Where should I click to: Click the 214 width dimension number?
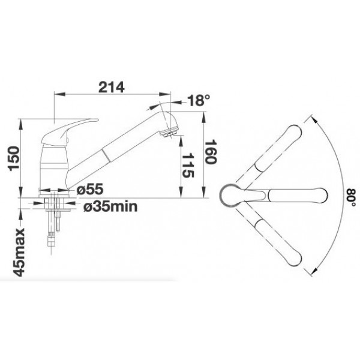(112, 87)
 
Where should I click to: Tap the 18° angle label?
(199, 100)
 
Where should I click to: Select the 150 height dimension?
(14, 158)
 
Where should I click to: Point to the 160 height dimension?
(211, 152)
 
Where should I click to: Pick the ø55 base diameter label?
(90, 190)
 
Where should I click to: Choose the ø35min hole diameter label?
(110, 206)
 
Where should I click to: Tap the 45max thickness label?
(19, 252)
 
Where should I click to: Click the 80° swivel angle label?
(351, 197)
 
